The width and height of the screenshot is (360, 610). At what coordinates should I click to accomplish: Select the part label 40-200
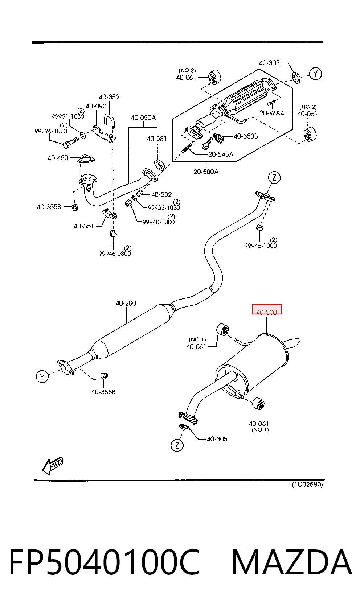point(126,303)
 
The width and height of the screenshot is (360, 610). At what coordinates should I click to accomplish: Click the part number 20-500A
point(206,172)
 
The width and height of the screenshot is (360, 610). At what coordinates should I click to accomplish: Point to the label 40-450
point(58,158)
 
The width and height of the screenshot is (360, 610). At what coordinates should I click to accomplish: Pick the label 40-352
point(109,97)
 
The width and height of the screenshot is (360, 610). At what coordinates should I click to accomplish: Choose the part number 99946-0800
point(114,254)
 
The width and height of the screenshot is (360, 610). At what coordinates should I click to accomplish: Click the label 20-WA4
point(272,113)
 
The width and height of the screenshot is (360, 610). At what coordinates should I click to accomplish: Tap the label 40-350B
point(246,136)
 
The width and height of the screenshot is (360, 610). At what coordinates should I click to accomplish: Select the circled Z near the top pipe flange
point(274,178)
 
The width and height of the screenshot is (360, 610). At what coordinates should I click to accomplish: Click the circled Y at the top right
point(315,74)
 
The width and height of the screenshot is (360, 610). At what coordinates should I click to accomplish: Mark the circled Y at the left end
point(42,376)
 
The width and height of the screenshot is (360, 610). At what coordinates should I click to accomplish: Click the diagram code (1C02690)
point(307,485)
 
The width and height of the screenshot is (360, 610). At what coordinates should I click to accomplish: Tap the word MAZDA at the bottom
point(292,562)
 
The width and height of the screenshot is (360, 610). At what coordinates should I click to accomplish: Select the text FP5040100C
point(105,562)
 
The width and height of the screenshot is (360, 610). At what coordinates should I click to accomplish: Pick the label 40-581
point(157,139)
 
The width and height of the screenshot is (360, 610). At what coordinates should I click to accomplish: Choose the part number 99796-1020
point(51,131)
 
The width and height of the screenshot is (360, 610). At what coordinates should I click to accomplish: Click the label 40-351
point(84,226)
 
